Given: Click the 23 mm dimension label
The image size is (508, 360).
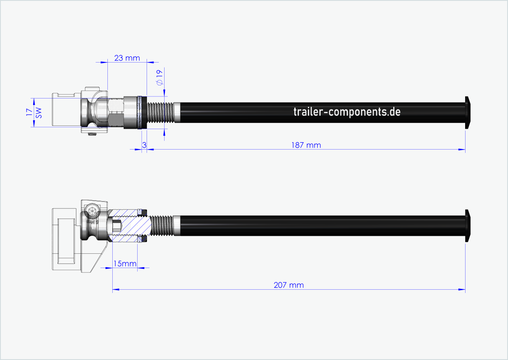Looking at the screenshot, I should [127, 58].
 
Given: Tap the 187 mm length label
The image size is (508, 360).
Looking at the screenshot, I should [306, 145].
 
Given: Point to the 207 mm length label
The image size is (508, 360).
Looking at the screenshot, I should [289, 285].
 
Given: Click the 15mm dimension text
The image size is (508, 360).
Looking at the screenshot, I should [125, 264].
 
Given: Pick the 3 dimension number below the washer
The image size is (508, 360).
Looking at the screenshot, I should [144, 145].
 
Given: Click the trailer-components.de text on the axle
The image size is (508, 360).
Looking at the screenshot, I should [347, 112].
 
